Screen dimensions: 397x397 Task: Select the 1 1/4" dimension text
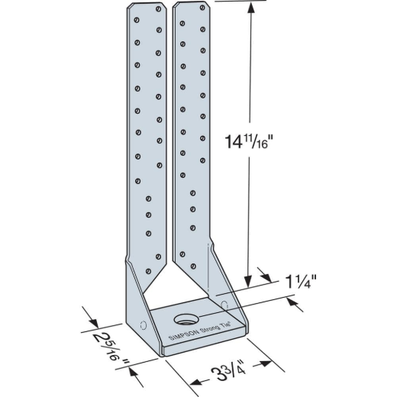(301, 282)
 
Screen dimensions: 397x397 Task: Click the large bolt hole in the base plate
(186, 319)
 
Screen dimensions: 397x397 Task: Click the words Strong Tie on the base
(216, 328)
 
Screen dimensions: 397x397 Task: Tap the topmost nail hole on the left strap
(158, 9)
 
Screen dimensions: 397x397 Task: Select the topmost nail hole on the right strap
(202, 8)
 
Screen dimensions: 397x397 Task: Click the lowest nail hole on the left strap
(148, 272)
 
